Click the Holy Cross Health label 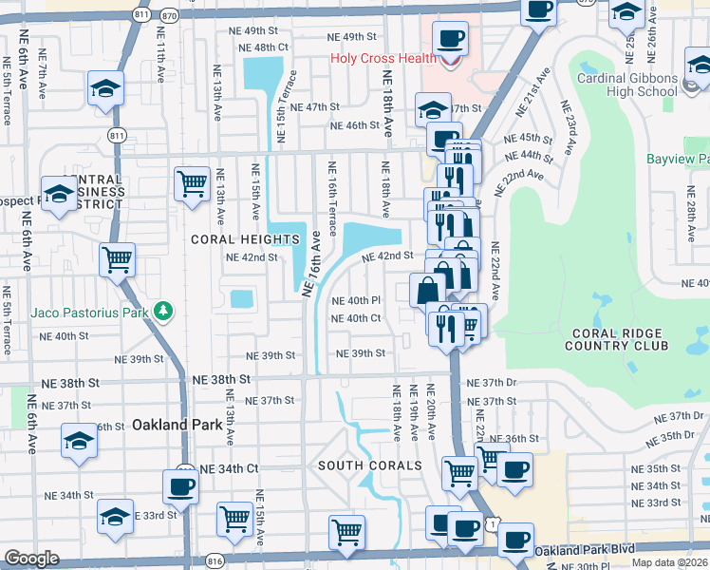click(x=383, y=58)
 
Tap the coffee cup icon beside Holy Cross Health click(x=451, y=40)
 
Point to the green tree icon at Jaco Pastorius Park click(x=164, y=311)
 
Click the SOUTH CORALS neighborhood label click(x=369, y=465)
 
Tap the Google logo click(x=31, y=559)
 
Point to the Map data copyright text click(x=670, y=562)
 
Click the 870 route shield click(x=169, y=16)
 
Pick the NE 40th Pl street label click(x=356, y=301)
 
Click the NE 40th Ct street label click(x=356, y=318)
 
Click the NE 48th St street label click(x=263, y=47)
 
